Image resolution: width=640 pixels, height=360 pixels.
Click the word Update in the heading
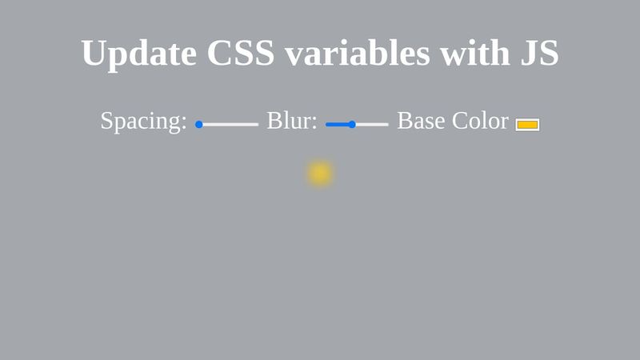138,54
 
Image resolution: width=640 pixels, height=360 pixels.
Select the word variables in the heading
357,54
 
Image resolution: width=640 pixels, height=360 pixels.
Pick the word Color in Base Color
480,121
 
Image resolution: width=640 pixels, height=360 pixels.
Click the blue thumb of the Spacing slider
199,125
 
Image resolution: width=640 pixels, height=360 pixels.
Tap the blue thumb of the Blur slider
352,125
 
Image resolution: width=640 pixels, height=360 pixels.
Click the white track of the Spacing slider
232,125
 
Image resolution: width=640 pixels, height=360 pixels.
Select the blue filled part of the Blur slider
338,125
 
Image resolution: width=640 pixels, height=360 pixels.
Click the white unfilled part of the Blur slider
372,125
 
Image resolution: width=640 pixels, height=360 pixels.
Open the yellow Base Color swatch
527,125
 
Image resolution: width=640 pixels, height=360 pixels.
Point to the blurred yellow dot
320,174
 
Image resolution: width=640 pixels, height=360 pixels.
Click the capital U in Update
94,54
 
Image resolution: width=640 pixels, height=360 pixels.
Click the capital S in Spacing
106,122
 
